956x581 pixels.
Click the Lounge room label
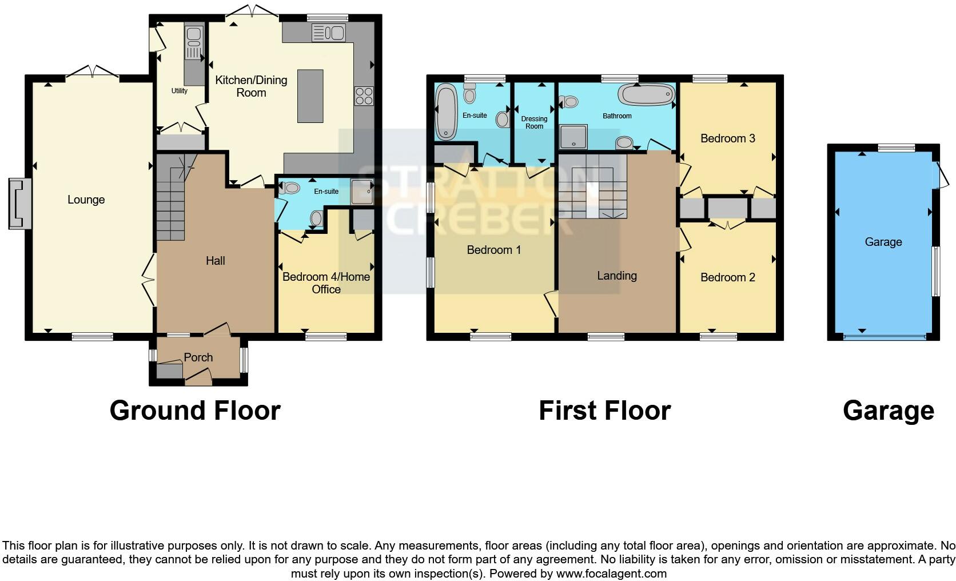click(x=86, y=200)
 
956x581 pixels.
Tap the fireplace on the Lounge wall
click(x=18, y=204)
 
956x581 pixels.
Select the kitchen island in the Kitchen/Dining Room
click(x=310, y=95)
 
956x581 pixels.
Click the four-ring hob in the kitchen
click(x=364, y=95)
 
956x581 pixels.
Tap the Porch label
click(x=198, y=357)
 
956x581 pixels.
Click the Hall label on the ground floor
click(x=215, y=261)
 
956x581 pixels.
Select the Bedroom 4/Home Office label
click(x=326, y=283)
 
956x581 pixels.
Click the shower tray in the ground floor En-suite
click(x=361, y=192)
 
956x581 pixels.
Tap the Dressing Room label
click(x=534, y=122)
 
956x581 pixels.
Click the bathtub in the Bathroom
click(x=647, y=94)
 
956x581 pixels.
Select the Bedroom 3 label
click(x=727, y=138)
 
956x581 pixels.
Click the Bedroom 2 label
click(x=727, y=277)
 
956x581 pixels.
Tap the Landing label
click(x=616, y=276)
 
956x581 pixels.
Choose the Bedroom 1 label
click(x=493, y=250)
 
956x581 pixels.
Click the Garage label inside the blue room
click(x=883, y=242)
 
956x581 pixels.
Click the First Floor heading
click(x=604, y=411)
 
